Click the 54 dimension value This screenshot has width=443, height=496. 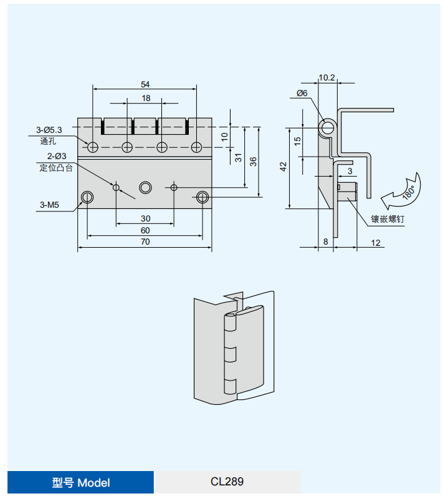(145, 84)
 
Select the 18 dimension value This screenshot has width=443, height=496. (146, 99)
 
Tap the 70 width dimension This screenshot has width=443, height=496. (145, 241)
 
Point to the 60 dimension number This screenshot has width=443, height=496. (145, 230)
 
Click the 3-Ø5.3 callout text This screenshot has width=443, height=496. (49, 130)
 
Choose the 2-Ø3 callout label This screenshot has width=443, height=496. (57, 156)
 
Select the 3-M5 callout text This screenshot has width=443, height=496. (49, 205)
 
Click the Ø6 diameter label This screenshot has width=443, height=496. (302, 93)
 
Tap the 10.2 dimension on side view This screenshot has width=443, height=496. (326, 77)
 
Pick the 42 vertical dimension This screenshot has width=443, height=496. (283, 167)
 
